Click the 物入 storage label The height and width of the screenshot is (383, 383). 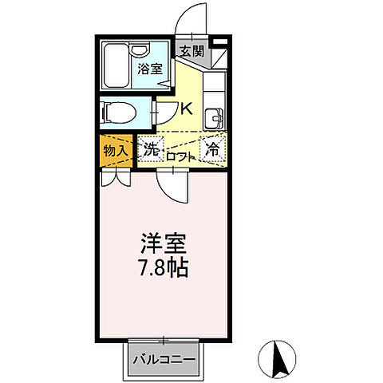click(x=116, y=149)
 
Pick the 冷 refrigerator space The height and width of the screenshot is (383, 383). click(x=213, y=148)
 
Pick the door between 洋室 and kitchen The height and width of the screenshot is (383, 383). click(x=172, y=186)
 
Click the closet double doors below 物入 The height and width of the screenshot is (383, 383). click(x=116, y=177)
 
